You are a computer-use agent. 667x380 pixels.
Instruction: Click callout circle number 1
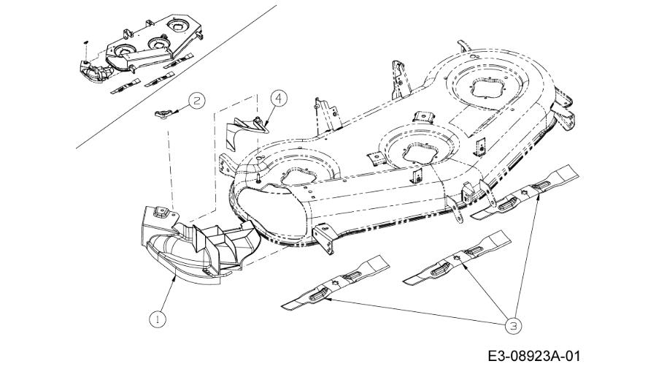click(158, 319)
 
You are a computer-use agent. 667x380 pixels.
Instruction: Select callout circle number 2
click(196, 101)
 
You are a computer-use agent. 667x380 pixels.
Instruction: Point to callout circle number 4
click(278, 99)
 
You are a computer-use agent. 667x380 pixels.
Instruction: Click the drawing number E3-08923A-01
click(534, 356)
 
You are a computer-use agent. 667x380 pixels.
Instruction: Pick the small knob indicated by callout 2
click(163, 114)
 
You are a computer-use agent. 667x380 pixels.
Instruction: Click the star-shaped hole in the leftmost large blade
click(336, 283)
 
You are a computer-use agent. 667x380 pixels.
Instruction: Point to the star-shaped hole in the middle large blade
click(458, 258)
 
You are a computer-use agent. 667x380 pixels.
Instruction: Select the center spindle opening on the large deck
click(420, 151)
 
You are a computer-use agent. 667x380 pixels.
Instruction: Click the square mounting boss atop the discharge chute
click(161, 211)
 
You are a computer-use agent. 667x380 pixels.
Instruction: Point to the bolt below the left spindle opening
click(259, 178)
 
